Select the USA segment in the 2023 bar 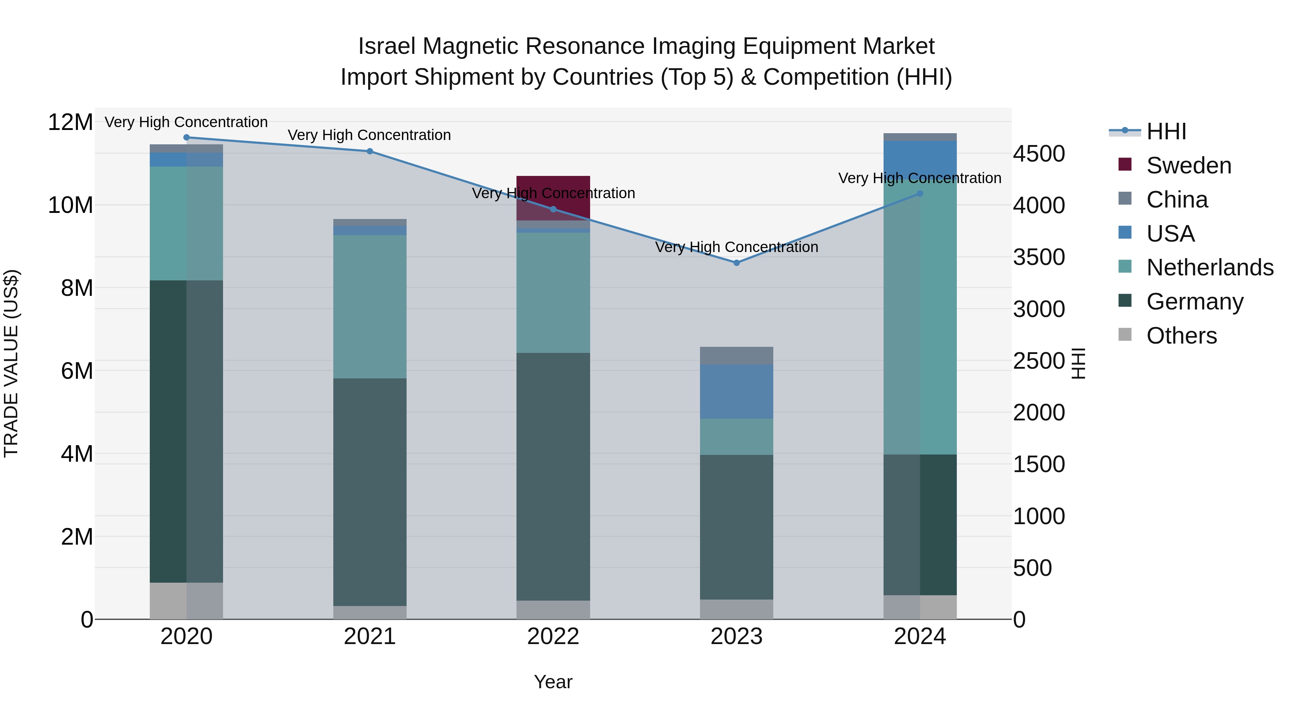pyautogui.click(x=736, y=391)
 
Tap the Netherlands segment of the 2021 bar pyautogui.click(x=370, y=307)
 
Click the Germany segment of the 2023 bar pyautogui.click(x=736, y=527)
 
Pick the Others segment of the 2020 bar pyautogui.click(x=186, y=601)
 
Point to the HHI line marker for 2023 pyautogui.click(x=736, y=262)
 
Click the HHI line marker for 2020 pyautogui.click(x=186, y=137)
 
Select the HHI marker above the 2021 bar pyautogui.click(x=370, y=151)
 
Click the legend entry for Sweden pyautogui.click(x=1188, y=166)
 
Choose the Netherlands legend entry pyautogui.click(x=1210, y=267)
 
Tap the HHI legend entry pyautogui.click(x=1166, y=131)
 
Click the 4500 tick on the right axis pyautogui.click(x=1038, y=154)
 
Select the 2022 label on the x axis pyautogui.click(x=553, y=637)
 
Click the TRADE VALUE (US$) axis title pyautogui.click(x=11, y=363)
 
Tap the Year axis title pyautogui.click(x=553, y=682)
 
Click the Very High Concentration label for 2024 pyautogui.click(x=919, y=178)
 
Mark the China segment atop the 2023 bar pyautogui.click(x=736, y=355)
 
